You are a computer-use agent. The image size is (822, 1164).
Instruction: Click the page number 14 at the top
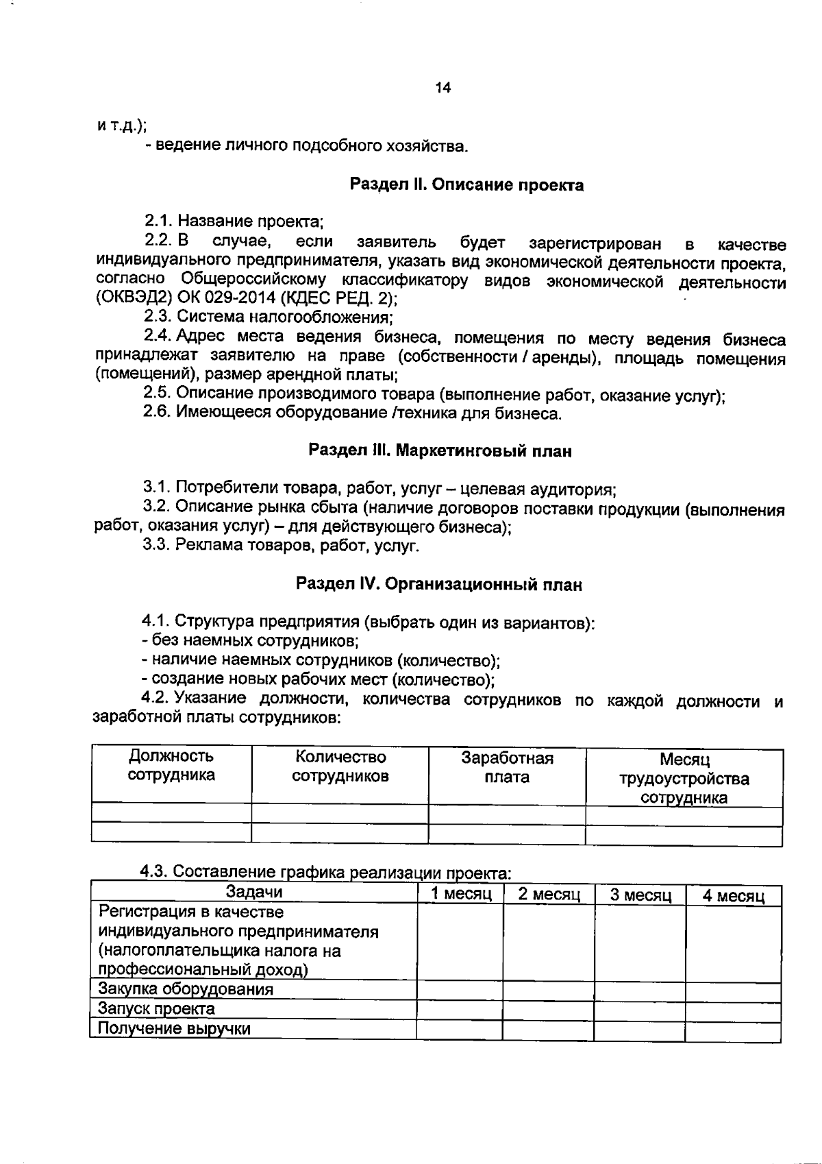click(x=443, y=88)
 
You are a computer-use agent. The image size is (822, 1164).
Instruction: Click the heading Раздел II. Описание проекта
click(x=466, y=184)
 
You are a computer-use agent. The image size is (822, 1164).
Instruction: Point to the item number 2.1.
click(x=158, y=221)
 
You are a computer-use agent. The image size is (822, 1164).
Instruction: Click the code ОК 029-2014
click(x=226, y=298)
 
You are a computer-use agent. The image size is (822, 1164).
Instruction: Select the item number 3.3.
click(x=157, y=546)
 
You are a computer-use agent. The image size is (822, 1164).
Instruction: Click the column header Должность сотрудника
click(x=171, y=766)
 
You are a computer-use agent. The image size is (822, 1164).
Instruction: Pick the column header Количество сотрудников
click(x=340, y=766)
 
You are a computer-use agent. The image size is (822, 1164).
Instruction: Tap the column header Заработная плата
click(x=507, y=767)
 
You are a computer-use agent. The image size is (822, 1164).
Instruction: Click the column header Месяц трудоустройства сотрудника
click(x=684, y=779)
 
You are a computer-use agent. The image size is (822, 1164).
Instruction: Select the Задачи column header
click(x=254, y=892)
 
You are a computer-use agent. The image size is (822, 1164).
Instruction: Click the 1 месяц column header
click(x=461, y=894)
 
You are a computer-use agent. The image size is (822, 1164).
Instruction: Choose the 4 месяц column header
click(x=733, y=896)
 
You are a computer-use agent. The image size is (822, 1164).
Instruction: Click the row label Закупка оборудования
click(x=186, y=989)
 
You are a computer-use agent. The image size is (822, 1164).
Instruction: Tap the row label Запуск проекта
click(x=157, y=1008)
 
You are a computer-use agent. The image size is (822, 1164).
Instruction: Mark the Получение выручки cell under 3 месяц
click(x=640, y=1030)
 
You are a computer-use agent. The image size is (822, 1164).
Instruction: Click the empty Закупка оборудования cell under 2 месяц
click(x=549, y=991)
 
